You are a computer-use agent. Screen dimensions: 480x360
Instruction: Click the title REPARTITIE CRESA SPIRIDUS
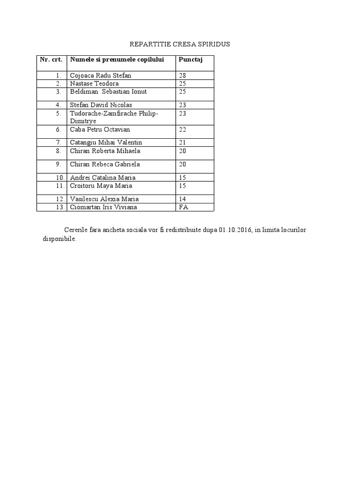point(180,44)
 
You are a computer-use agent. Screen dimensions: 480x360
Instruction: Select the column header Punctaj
point(187,60)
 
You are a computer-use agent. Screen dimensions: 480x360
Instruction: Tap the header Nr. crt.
point(51,60)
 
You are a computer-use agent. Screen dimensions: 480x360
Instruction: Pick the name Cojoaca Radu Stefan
point(100,75)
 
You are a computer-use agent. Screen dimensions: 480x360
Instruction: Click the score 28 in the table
point(182,75)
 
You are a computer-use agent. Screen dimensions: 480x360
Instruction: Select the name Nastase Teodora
point(94,83)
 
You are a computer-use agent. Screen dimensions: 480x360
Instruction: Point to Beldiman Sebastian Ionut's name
point(108,91)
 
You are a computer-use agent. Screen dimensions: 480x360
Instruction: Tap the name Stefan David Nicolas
point(101,105)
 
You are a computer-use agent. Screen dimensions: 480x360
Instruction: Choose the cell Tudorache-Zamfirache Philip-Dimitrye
point(114,117)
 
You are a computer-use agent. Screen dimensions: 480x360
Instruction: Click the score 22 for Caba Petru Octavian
point(182,129)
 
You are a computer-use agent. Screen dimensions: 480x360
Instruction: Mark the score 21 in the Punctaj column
point(182,142)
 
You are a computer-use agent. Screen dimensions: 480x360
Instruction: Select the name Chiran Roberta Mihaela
point(105,151)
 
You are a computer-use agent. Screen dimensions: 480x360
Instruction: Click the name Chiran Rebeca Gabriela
point(105,165)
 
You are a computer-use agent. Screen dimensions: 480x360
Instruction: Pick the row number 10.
point(59,178)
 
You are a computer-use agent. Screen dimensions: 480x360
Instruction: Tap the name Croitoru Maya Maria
point(101,186)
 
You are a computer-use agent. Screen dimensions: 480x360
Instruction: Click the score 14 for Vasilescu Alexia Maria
point(182,199)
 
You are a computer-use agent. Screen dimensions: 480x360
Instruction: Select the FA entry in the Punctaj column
point(183,207)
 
